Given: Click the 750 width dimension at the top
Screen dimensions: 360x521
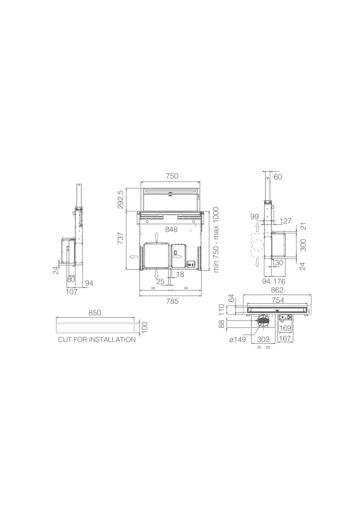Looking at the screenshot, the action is pyautogui.click(x=172, y=176).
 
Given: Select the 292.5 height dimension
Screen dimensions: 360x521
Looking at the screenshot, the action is pyautogui.click(x=120, y=200).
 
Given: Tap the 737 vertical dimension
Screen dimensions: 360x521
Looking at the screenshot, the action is pyautogui.click(x=120, y=238).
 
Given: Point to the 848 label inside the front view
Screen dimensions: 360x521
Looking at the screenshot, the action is pyautogui.click(x=171, y=230).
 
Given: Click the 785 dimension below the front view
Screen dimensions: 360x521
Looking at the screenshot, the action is pyautogui.click(x=172, y=302).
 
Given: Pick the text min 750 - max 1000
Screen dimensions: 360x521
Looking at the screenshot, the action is pyautogui.click(x=216, y=240).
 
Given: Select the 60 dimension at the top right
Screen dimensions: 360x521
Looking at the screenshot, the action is pyautogui.click(x=278, y=177).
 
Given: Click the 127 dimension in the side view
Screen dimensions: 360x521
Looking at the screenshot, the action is pyautogui.click(x=285, y=221).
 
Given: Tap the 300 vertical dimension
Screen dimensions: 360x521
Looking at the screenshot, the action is pyautogui.click(x=303, y=245).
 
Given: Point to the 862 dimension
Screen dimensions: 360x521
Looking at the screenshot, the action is pyautogui.click(x=277, y=290).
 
